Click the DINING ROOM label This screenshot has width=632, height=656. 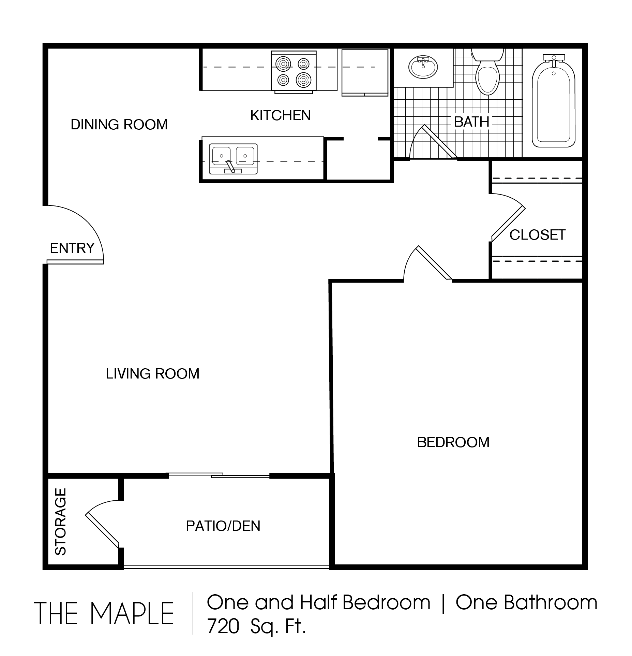click(119, 125)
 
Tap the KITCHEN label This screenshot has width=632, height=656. click(281, 115)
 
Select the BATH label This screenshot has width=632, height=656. click(471, 122)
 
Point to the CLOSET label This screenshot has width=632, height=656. click(538, 235)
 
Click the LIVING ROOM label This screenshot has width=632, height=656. click(152, 374)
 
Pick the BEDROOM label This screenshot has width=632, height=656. click(453, 442)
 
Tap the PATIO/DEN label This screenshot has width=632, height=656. click(223, 526)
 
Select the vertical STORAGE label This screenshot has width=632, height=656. click(60, 522)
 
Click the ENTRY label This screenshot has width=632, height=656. click(72, 248)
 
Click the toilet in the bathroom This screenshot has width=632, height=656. click(487, 72)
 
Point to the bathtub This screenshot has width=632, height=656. click(554, 101)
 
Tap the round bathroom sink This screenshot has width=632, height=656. click(423, 67)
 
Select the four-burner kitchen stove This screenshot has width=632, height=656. click(294, 72)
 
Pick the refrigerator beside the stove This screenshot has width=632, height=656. click(365, 73)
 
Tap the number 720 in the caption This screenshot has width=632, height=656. click(223, 627)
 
